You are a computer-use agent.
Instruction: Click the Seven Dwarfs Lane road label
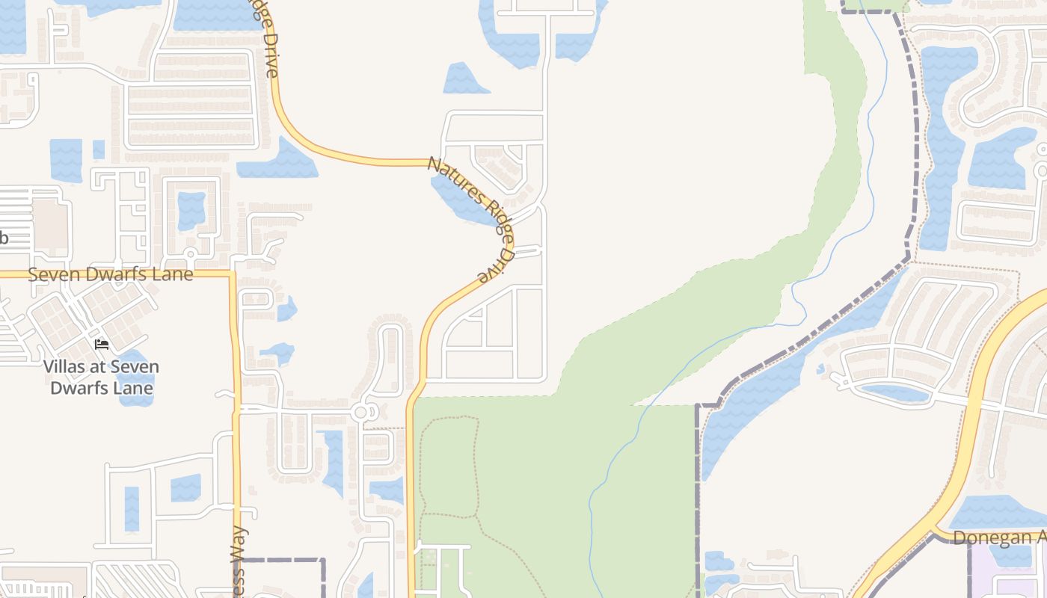tap(111, 274)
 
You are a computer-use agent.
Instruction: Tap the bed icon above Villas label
tap(102, 344)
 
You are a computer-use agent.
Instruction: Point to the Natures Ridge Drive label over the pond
tap(471, 217)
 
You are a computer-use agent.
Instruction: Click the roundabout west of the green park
tap(362, 412)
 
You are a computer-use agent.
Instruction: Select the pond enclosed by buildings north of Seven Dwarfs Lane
tap(191, 210)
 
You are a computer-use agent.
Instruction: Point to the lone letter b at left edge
tap(3, 238)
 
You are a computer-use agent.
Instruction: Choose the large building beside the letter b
tap(49, 224)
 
